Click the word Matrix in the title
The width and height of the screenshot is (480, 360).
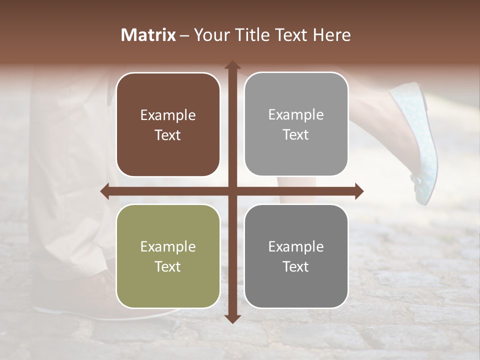coord(148,35)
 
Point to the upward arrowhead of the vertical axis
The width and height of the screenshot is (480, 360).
coord(232,65)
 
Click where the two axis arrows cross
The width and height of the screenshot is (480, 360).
coord(232,191)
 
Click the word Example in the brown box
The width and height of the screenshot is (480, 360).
coord(168,115)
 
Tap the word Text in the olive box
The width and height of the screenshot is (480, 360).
coord(168,266)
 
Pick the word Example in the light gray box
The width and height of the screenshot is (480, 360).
coord(296,114)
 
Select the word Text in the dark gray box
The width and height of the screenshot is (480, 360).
coord(296,266)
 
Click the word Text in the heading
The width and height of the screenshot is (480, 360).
coord(292,35)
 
